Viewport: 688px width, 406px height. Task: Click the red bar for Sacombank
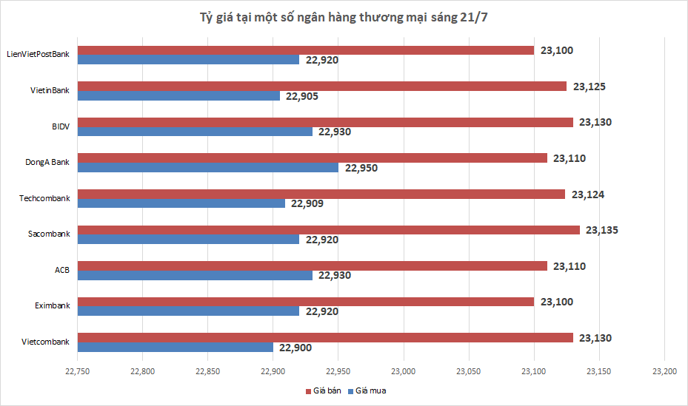329,230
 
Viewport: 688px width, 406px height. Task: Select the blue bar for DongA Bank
208,168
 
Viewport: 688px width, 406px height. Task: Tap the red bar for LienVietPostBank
306,50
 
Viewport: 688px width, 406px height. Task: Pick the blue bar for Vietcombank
176,348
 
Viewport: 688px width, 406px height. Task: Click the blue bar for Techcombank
181,203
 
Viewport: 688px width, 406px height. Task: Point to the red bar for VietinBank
322,87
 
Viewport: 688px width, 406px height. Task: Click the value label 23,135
601,230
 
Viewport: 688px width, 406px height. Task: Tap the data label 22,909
306,203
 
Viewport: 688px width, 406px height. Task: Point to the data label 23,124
587,194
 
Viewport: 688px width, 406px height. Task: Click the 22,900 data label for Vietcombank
294,348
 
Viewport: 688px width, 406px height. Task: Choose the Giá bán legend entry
323,390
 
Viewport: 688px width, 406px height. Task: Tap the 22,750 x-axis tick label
78,371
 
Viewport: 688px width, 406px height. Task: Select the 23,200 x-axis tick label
664,371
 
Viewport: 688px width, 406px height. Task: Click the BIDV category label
60,126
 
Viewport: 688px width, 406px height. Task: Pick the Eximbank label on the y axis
52,305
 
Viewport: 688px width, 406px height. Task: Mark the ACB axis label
62,270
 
